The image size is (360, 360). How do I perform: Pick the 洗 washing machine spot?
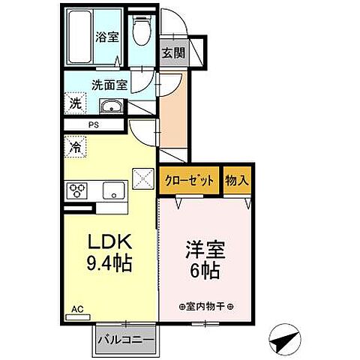coord(76,104)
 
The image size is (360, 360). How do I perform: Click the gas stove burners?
coord(77,190)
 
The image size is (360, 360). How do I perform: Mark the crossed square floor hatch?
coord(142,179)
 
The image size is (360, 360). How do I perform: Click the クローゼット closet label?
coord(190,181)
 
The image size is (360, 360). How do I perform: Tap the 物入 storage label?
coord(238,181)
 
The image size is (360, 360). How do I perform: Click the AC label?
coord(78,308)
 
